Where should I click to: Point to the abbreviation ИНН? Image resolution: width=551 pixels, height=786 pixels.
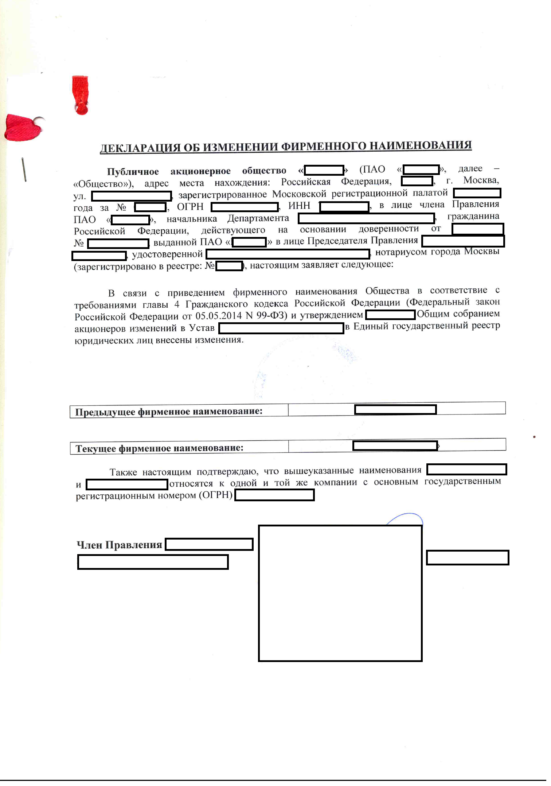click(x=299, y=206)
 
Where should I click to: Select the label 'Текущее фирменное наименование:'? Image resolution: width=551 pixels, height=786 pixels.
click(x=159, y=448)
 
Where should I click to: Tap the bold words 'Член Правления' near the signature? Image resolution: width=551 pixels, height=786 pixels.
click(x=119, y=545)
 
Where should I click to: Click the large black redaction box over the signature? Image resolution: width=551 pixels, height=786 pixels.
click(x=340, y=594)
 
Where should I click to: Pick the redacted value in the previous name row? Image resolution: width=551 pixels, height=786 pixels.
click(x=395, y=410)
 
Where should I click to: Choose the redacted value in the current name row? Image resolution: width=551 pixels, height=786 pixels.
click(x=395, y=446)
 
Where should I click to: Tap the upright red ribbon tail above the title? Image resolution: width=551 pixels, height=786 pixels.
click(x=80, y=95)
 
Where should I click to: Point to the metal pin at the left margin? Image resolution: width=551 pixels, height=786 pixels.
click(x=24, y=170)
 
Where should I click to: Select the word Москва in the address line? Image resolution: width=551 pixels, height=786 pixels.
click(x=481, y=180)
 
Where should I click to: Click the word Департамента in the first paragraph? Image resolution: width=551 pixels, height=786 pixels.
click(x=258, y=218)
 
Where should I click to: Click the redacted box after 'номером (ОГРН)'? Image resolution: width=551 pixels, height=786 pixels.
click(x=274, y=495)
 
